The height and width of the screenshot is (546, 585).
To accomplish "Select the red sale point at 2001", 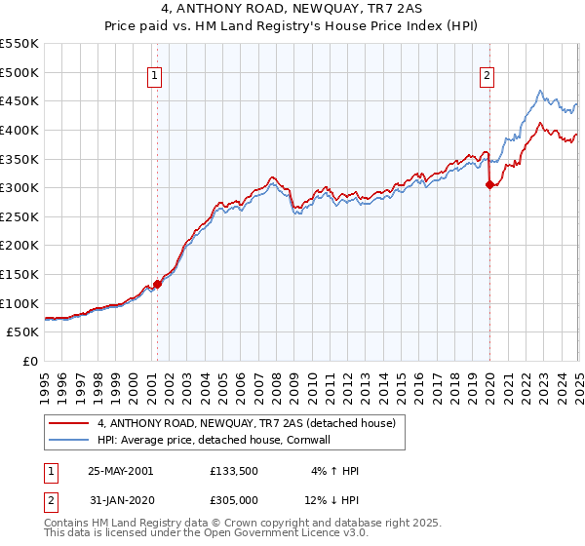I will click(x=157, y=284).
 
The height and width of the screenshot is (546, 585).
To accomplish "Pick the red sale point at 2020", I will click(x=489, y=185).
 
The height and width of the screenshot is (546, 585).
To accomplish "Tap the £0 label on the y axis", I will click(x=29, y=361).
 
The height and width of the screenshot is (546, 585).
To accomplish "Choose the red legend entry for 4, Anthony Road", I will click(x=246, y=423).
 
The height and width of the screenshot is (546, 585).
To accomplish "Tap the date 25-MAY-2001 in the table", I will click(x=120, y=470).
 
